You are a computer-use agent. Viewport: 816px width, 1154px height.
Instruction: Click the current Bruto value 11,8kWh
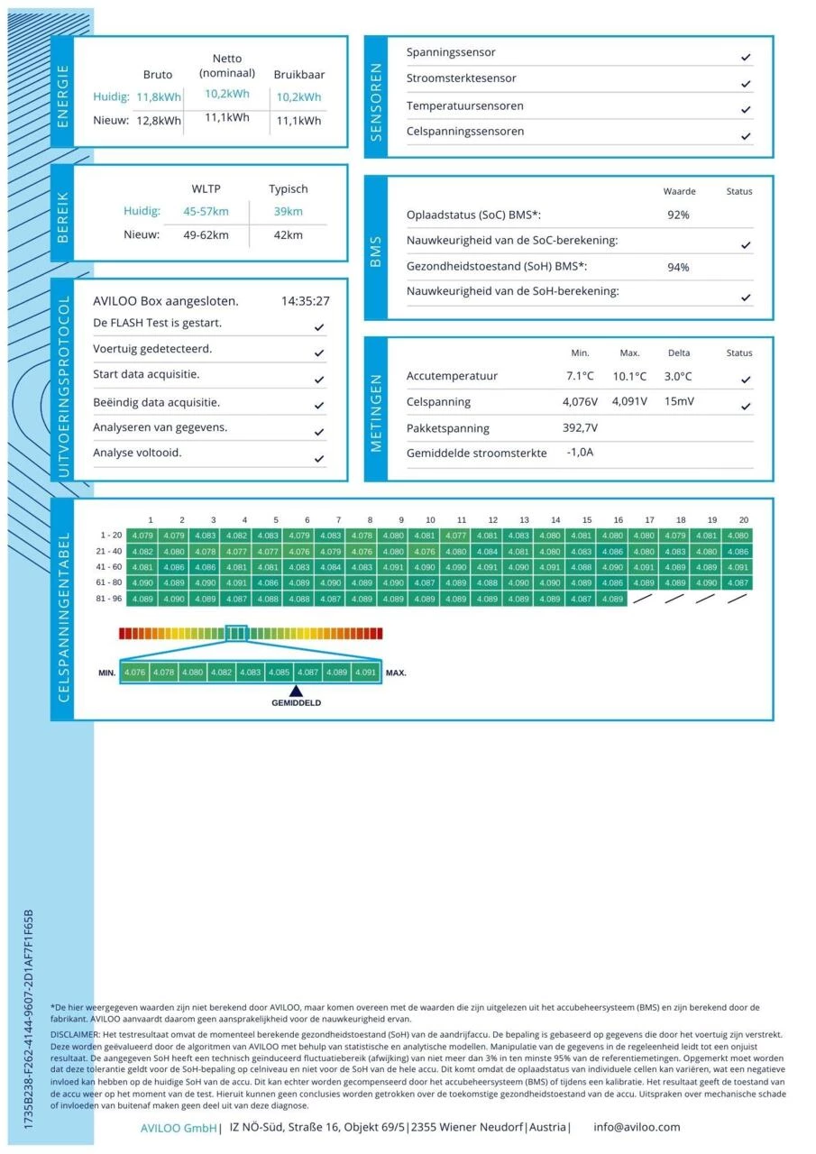[159, 96]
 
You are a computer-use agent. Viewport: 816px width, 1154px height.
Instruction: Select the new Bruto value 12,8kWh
[159, 121]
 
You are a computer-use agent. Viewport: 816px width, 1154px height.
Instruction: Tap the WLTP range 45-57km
[206, 212]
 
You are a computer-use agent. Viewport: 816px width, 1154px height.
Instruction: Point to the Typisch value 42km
[289, 235]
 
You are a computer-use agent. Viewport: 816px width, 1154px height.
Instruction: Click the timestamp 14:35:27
[305, 301]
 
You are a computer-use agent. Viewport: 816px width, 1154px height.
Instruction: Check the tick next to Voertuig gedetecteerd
[319, 353]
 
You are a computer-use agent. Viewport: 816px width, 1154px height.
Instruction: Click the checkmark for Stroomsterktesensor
[746, 84]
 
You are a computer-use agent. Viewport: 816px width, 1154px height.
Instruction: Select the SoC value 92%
[678, 215]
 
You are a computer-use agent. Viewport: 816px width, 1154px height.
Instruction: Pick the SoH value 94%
[678, 267]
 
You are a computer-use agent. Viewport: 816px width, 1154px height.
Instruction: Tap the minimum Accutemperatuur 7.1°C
[580, 376]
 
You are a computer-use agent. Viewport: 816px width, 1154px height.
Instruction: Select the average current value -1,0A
[580, 453]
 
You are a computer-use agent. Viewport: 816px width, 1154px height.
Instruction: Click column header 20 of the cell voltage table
[743, 520]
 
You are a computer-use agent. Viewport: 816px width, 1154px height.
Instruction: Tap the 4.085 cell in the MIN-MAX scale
[280, 673]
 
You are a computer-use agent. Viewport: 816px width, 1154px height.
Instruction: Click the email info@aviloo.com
[637, 1127]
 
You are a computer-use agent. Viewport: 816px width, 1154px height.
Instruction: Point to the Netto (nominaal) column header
[227, 66]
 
